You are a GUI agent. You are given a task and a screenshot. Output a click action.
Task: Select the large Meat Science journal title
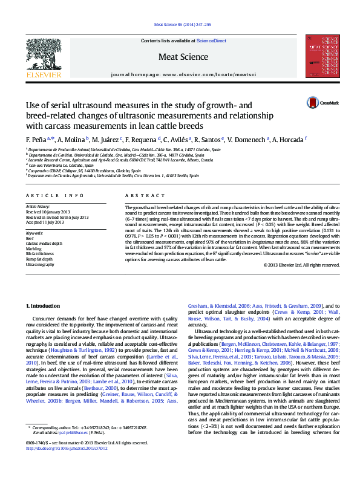tap(179, 57)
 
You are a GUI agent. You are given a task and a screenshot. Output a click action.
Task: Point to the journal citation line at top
tap(180, 25)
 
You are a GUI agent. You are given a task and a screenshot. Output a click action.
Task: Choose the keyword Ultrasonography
tap(41, 264)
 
